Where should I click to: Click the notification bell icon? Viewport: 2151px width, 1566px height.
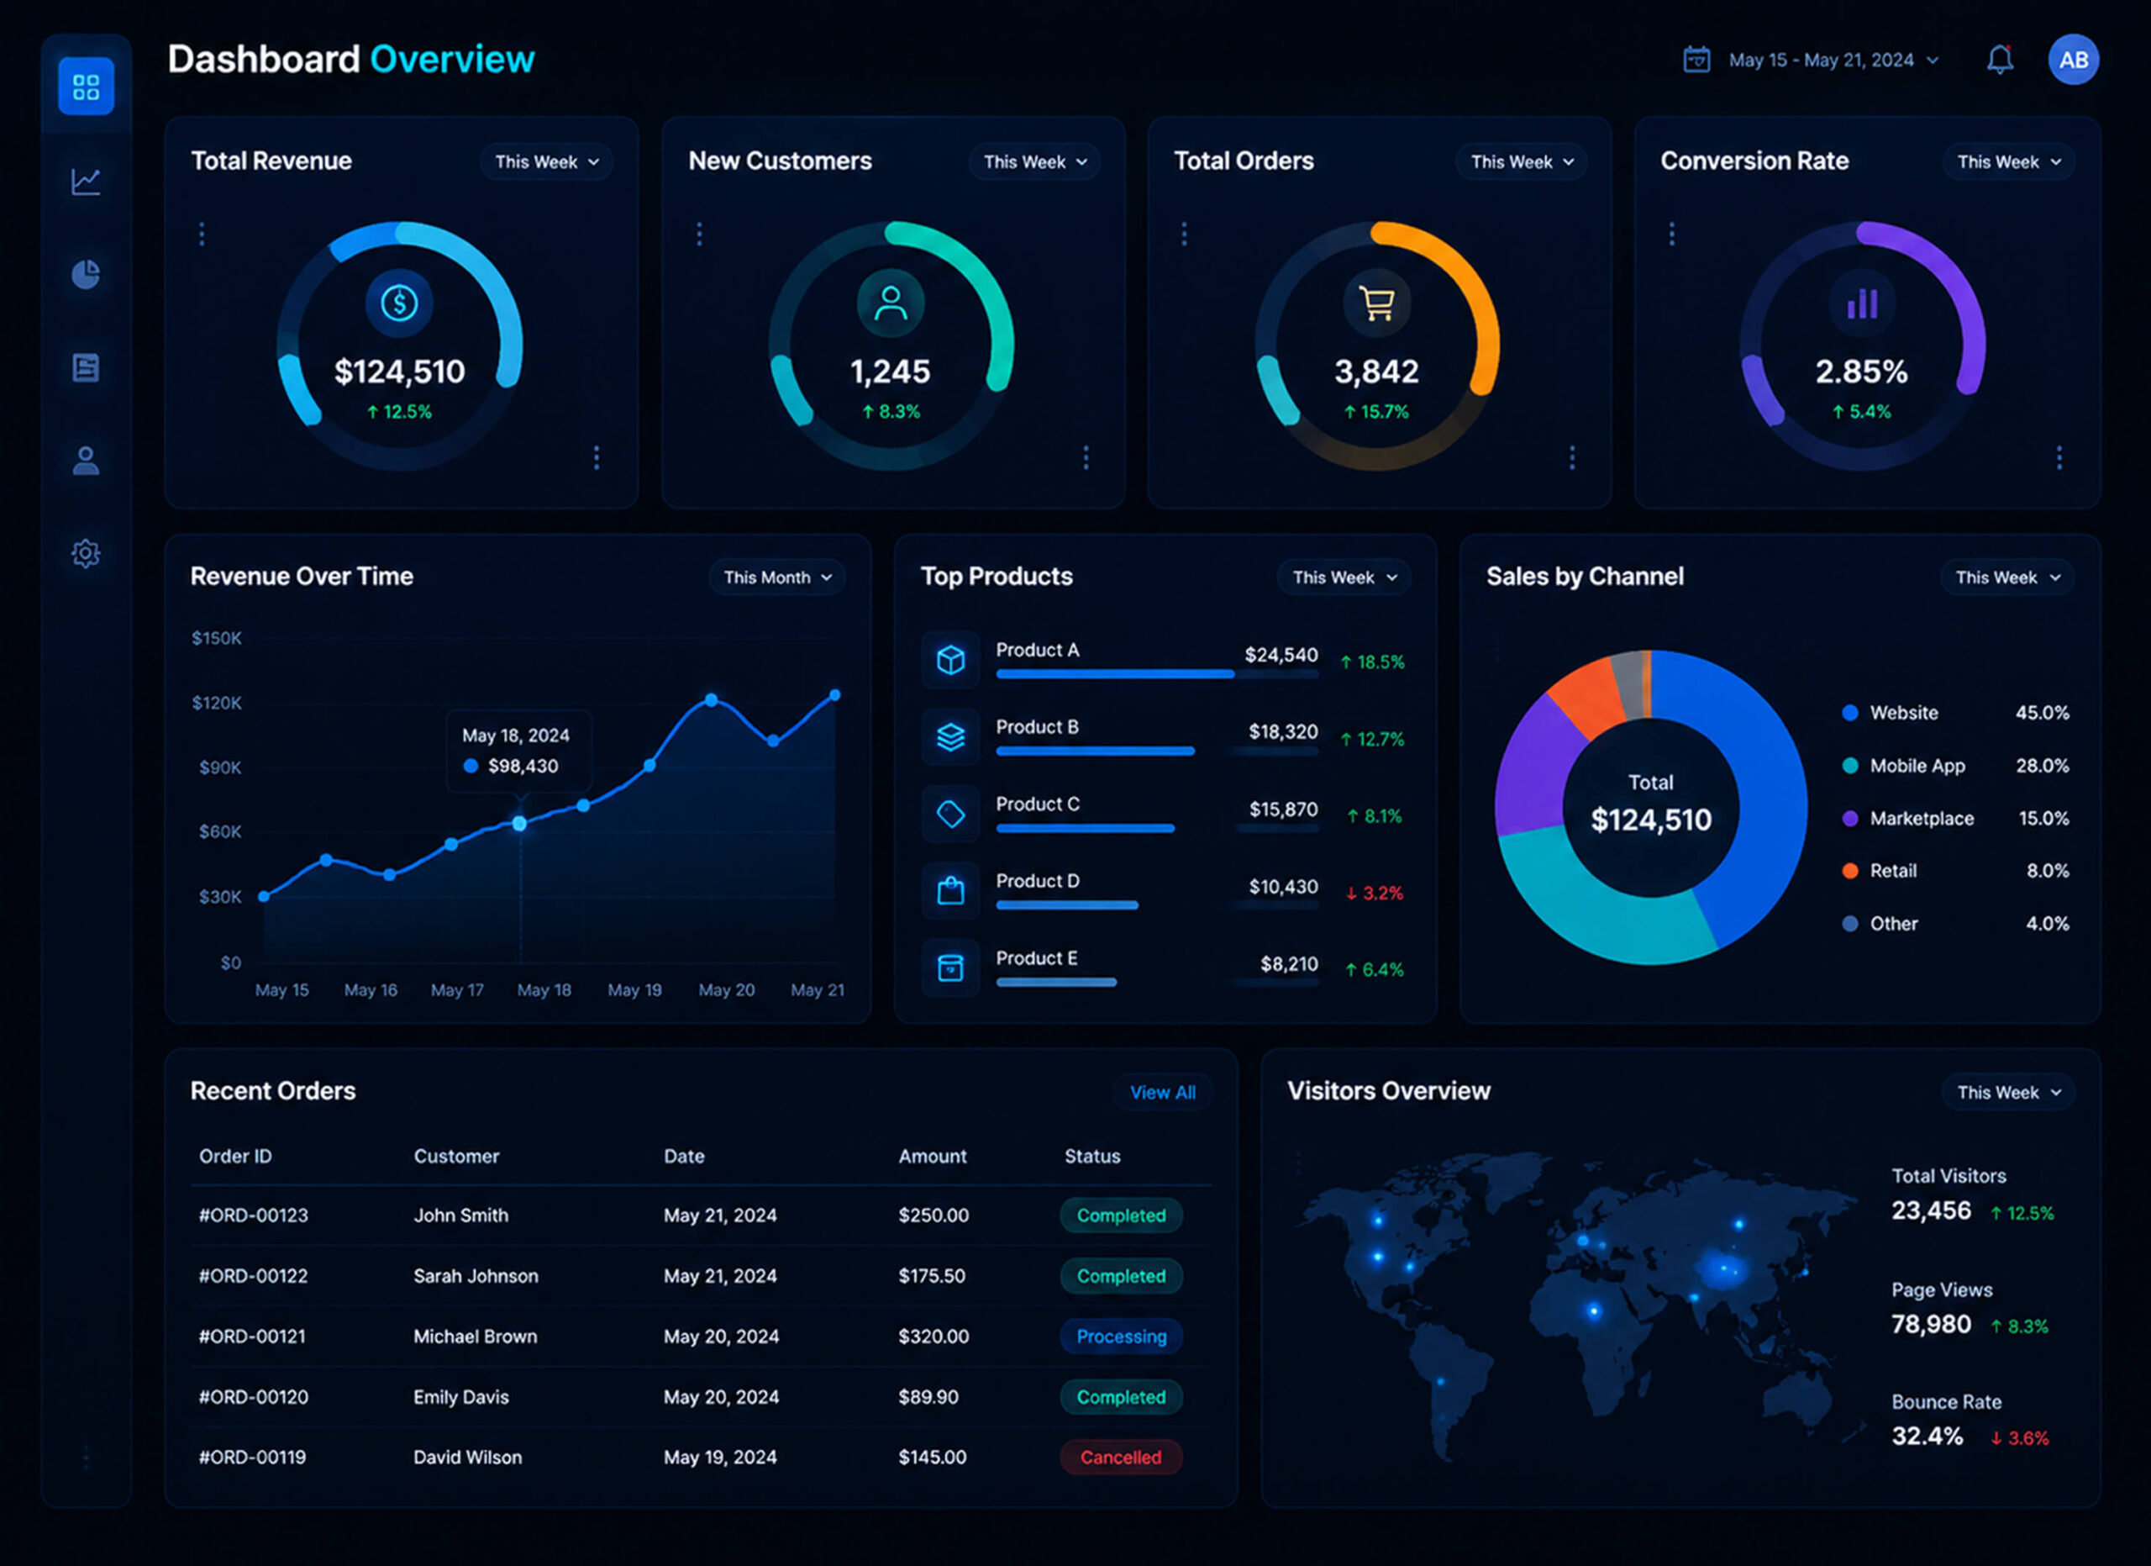pos(1999,60)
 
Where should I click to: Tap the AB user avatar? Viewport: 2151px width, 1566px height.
pos(2073,60)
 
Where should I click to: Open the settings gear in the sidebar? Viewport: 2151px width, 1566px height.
pos(87,553)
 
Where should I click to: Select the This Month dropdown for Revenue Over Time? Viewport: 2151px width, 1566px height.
pos(776,577)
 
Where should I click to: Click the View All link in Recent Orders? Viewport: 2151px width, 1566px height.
pos(1162,1092)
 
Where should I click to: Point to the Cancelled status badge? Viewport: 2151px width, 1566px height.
pos(1120,1457)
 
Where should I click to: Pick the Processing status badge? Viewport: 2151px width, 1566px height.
pos(1121,1337)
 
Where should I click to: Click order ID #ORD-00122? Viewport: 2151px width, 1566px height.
pos(253,1276)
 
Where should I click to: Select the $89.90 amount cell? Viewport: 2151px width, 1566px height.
pos(928,1396)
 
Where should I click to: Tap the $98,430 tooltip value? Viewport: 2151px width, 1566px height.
pos(523,766)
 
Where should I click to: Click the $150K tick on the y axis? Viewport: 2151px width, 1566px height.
pos(216,637)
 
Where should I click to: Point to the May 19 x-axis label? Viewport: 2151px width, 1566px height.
pos(634,989)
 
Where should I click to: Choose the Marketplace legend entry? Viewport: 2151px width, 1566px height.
pos(1922,818)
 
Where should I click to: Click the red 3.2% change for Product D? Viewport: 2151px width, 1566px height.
pos(1375,893)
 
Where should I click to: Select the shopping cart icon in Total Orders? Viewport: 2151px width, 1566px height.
pos(1376,303)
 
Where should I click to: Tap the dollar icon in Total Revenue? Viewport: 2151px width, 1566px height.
pos(399,303)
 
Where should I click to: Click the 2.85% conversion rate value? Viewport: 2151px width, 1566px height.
pos(1861,371)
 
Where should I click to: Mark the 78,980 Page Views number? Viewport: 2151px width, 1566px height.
pos(1931,1324)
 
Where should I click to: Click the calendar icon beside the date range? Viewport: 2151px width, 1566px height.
pos(1696,59)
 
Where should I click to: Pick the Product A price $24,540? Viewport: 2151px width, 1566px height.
pos(1281,655)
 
